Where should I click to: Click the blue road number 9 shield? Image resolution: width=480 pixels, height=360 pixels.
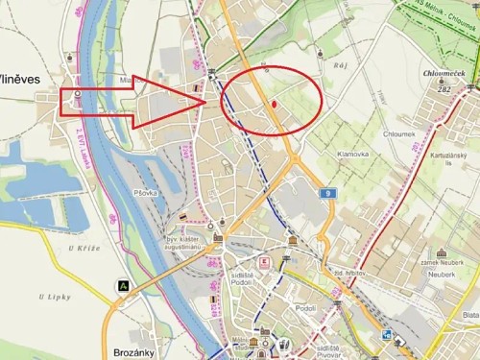click(328, 194)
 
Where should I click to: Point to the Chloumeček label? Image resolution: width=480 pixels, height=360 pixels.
click(443, 72)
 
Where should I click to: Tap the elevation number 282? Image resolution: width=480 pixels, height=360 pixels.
click(443, 88)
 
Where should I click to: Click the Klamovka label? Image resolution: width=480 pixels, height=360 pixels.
click(353, 154)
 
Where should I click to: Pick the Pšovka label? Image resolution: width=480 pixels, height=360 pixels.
click(146, 193)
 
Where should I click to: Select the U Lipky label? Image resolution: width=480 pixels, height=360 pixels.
click(55, 298)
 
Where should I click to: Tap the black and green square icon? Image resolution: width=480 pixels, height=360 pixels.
click(123, 284)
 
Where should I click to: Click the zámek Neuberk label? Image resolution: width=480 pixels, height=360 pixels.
click(443, 262)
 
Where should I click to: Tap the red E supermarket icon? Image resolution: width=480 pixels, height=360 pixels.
click(265, 261)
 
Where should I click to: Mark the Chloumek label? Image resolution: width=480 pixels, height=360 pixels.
click(398, 134)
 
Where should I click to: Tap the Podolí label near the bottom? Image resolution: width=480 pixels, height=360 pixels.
click(306, 308)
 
